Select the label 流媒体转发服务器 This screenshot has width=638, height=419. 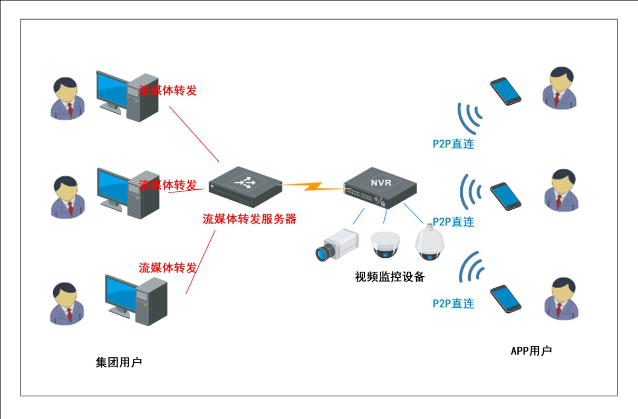[x=249, y=219]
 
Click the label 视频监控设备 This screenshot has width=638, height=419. [x=390, y=277]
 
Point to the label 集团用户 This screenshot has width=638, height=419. [x=119, y=363]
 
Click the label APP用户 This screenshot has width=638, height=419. [x=531, y=351]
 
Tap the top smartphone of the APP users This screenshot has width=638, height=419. [x=506, y=91]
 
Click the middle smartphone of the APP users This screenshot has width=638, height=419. [x=506, y=196]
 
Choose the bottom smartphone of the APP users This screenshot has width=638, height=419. [x=506, y=299]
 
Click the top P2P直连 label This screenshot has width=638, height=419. [x=453, y=144]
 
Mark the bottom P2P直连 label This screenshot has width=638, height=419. [x=453, y=304]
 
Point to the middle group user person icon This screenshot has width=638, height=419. [x=67, y=196]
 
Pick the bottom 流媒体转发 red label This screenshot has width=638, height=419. [x=168, y=268]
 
